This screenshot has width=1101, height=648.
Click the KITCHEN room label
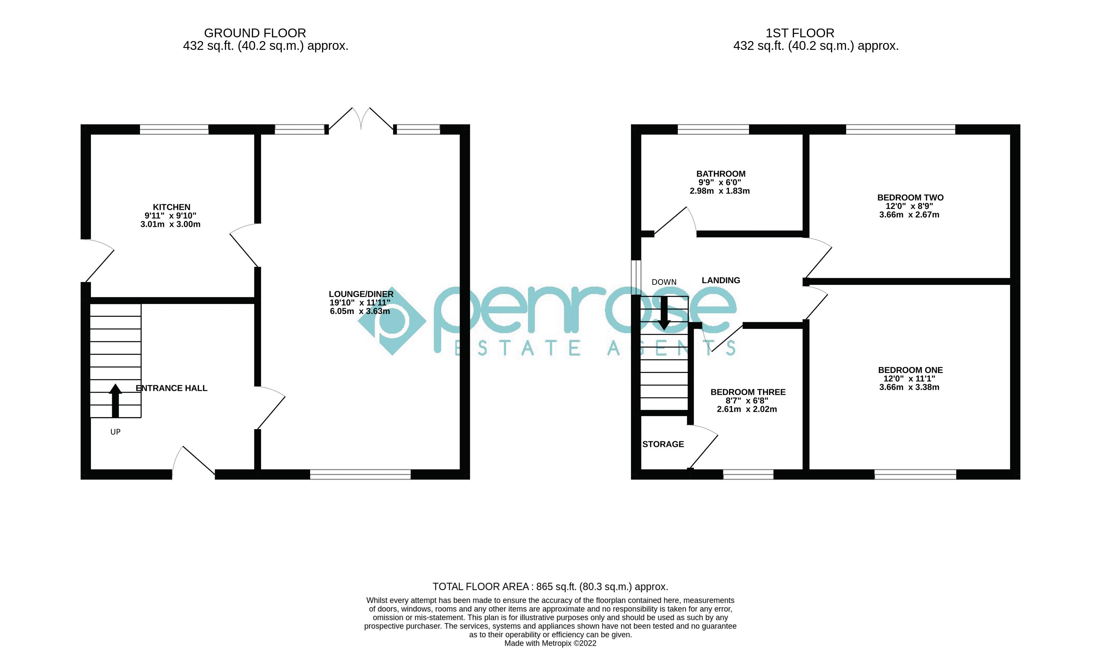[x=171, y=207]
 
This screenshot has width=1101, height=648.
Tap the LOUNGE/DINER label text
[x=361, y=294]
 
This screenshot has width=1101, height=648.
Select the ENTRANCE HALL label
[x=171, y=388]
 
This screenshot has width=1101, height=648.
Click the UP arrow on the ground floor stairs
[x=116, y=401]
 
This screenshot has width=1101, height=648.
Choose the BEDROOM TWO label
[x=910, y=197]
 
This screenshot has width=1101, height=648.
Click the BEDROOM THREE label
[x=748, y=392]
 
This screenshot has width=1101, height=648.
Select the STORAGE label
[x=663, y=444]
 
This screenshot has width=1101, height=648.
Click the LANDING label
[x=721, y=280]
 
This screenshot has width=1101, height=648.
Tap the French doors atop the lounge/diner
[x=361, y=119]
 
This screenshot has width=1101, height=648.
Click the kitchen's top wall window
[x=174, y=129]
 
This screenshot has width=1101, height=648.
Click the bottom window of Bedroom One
[x=915, y=474]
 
